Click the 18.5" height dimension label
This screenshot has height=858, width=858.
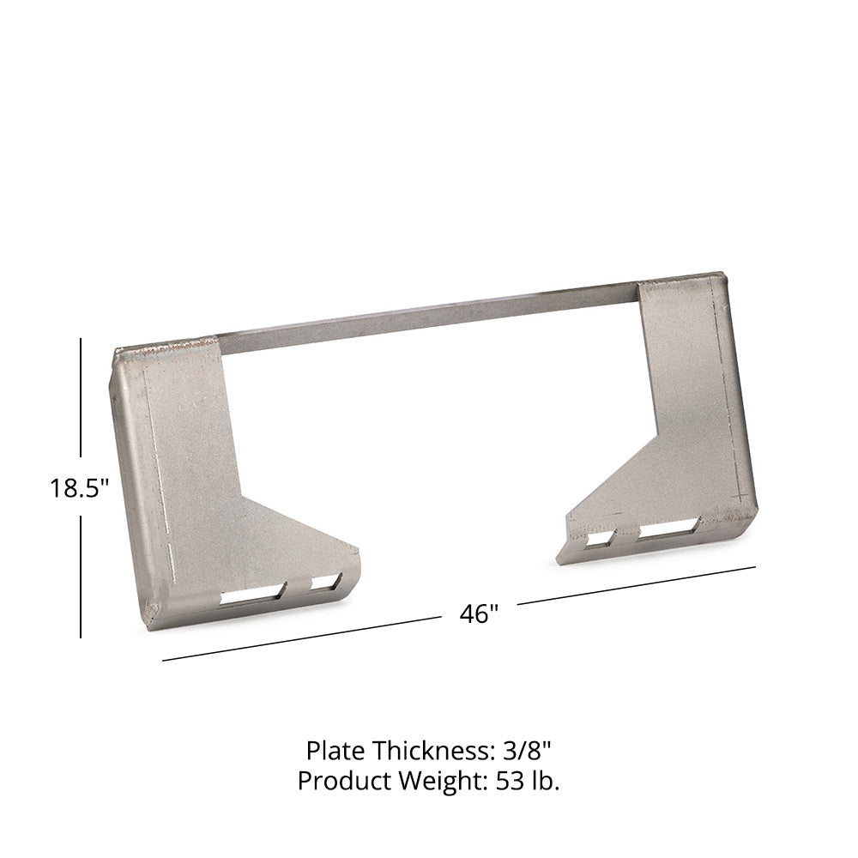(79, 487)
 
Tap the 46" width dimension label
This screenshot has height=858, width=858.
(480, 613)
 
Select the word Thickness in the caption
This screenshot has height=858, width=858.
(434, 751)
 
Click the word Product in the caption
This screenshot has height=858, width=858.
(345, 781)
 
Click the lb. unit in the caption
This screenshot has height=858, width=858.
(544, 781)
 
